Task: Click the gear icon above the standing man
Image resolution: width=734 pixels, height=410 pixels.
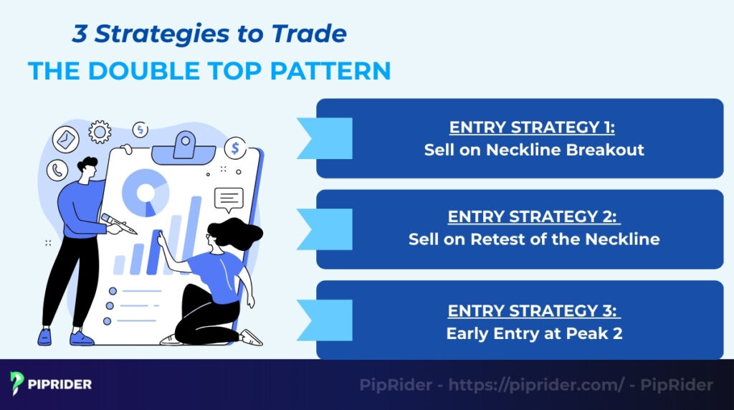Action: pyautogui.click(x=100, y=132)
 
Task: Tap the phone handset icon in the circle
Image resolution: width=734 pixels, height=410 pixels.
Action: pyautogui.click(x=57, y=170)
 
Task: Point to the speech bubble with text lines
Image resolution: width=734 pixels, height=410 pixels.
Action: pyautogui.click(x=229, y=199)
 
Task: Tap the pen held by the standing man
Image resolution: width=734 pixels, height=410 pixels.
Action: pyautogui.click(x=118, y=223)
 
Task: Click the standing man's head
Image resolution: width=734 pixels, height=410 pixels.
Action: pyautogui.click(x=87, y=168)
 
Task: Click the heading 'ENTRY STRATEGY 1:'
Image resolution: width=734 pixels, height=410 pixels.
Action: pyautogui.click(x=533, y=128)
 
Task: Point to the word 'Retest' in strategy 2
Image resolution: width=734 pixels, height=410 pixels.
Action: pyautogui.click(x=495, y=239)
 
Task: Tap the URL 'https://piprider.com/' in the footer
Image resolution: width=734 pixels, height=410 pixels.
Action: pyautogui.click(x=535, y=385)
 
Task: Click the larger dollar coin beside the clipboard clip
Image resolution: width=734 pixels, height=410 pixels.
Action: pyautogui.click(x=235, y=148)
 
